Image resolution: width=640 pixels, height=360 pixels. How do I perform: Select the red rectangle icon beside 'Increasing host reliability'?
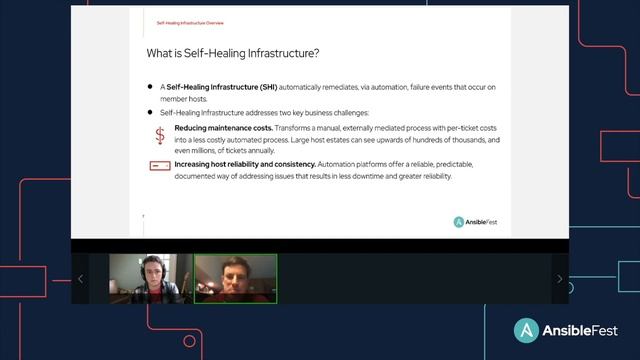(160, 165)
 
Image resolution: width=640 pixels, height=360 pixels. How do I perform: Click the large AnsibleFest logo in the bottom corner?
(565, 331)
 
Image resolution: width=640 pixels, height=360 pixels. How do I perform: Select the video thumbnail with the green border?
(235, 279)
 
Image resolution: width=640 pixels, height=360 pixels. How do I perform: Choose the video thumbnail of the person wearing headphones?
(149, 279)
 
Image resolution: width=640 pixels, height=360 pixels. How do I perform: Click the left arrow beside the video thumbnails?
(80, 279)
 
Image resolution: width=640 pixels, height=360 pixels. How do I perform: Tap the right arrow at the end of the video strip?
(559, 279)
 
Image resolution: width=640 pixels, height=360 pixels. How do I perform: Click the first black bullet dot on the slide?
(150, 88)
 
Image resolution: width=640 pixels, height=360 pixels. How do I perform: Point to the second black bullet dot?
(150, 113)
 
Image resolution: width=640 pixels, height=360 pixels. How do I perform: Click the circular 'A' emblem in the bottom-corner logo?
(527, 331)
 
